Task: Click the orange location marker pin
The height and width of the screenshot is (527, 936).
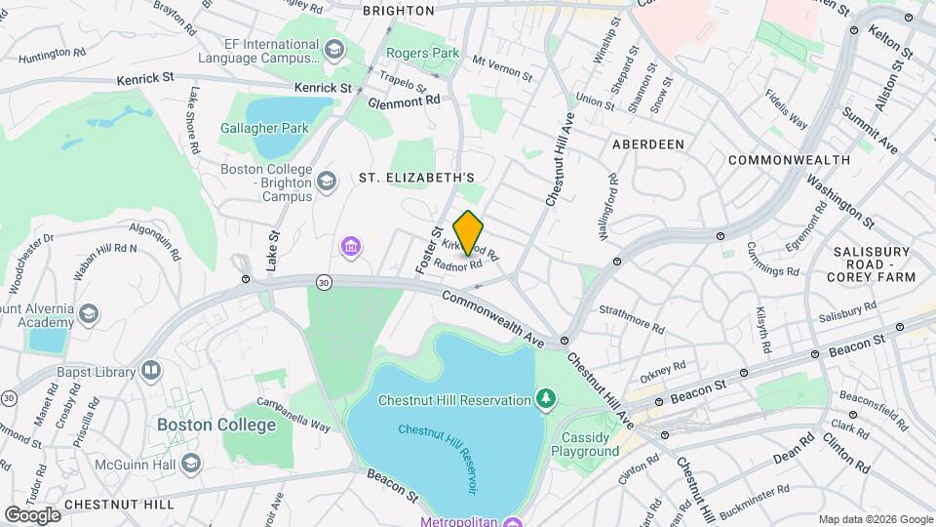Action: pos(468,233)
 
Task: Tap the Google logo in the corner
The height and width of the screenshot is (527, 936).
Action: pos(32,514)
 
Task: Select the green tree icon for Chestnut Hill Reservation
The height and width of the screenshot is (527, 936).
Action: pos(546,398)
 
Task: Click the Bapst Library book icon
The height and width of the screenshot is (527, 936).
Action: pos(150,371)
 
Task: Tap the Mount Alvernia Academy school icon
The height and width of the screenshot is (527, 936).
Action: pos(89,312)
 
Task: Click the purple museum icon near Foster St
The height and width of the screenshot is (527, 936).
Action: pos(349,248)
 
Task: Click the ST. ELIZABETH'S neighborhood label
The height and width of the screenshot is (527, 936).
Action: pos(416,178)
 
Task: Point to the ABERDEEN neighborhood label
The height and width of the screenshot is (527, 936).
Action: pos(647,143)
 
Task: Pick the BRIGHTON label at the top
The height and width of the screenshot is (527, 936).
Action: pos(398,11)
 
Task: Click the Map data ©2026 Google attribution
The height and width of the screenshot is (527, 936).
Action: pos(875,519)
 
